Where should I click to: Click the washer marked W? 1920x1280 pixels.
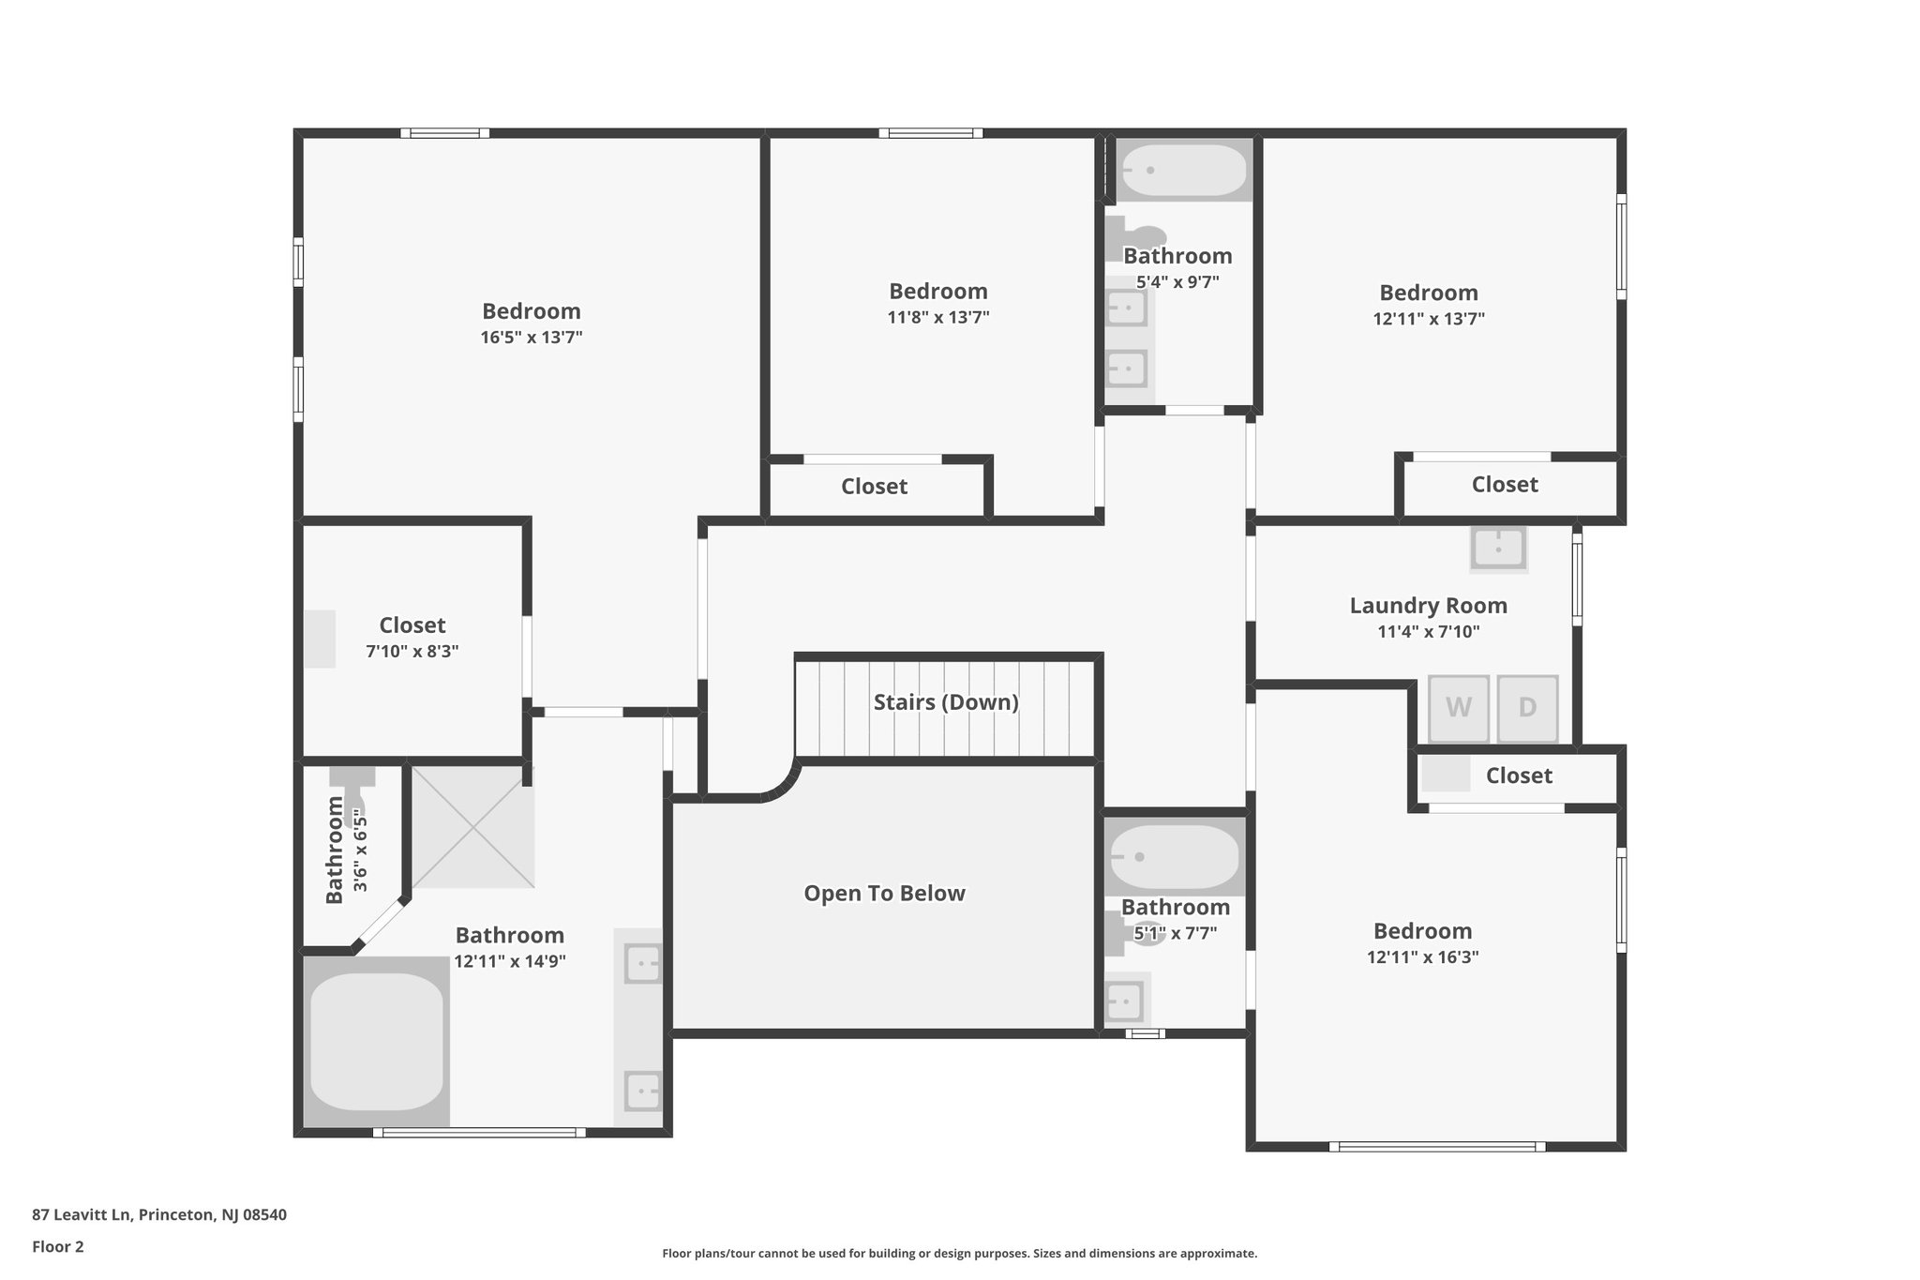pyautogui.click(x=1458, y=708)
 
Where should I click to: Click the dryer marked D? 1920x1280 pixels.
pyautogui.click(x=1527, y=708)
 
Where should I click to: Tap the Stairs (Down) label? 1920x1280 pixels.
pyautogui.click(x=946, y=702)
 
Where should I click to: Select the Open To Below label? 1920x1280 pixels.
pyautogui.click(x=884, y=894)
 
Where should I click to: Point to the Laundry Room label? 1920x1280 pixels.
pyautogui.click(x=1429, y=606)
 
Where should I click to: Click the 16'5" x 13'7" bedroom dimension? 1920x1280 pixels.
pyautogui.click(x=532, y=338)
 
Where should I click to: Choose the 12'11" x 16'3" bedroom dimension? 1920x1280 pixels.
pyautogui.click(x=1423, y=957)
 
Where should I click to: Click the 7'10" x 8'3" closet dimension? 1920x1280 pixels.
pyautogui.click(x=412, y=651)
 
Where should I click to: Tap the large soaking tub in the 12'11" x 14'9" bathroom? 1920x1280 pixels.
pyautogui.click(x=377, y=1041)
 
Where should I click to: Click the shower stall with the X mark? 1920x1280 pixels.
pyautogui.click(x=473, y=827)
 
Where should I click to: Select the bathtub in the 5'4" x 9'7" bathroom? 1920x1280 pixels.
pyautogui.click(x=1184, y=170)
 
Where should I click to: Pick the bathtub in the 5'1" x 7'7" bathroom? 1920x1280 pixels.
pyautogui.click(x=1174, y=856)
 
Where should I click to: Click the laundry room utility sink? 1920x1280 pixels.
pyautogui.click(x=1498, y=548)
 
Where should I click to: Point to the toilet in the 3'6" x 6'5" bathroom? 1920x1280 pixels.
pyautogui.click(x=352, y=793)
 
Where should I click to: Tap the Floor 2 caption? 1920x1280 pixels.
pyautogui.click(x=58, y=1247)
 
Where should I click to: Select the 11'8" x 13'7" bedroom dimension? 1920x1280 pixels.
pyautogui.click(x=938, y=317)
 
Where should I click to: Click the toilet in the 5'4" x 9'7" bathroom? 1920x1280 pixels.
pyautogui.click(x=1135, y=238)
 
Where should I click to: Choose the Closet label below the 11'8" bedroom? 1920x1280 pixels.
pyautogui.click(x=874, y=487)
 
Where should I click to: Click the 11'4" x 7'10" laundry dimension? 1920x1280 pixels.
pyautogui.click(x=1429, y=632)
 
